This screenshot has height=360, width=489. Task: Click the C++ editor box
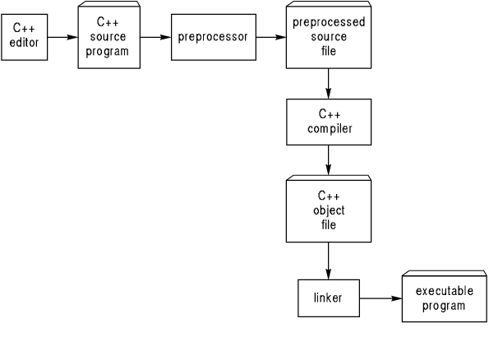click(25, 37)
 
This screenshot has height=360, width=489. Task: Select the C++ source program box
click(108, 35)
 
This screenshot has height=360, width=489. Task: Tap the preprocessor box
click(214, 37)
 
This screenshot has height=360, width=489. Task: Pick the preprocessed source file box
click(329, 35)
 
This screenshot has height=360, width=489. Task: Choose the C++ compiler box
click(329, 122)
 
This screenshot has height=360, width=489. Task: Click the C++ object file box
click(329, 209)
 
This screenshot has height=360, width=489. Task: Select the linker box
click(329, 298)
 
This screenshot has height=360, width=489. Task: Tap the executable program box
click(445, 297)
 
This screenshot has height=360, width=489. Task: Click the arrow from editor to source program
click(62, 37)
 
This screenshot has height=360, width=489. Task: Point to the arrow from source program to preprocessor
click(155, 37)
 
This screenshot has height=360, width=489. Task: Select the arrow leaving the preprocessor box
click(271, 37)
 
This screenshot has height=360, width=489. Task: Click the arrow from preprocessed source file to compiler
click(329, 84)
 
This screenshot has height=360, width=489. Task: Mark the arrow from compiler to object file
click(329, 160)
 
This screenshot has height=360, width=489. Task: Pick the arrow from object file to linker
click(329, 261)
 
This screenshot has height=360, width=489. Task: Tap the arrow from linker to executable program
click(381, 298)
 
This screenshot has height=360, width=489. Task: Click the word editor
click(24, 43)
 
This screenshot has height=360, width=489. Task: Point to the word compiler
click(330, 129)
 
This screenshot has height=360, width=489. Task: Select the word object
click(329, 210)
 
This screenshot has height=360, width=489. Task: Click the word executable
click(445, 291)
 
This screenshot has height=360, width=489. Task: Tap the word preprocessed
click(329, 22)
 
